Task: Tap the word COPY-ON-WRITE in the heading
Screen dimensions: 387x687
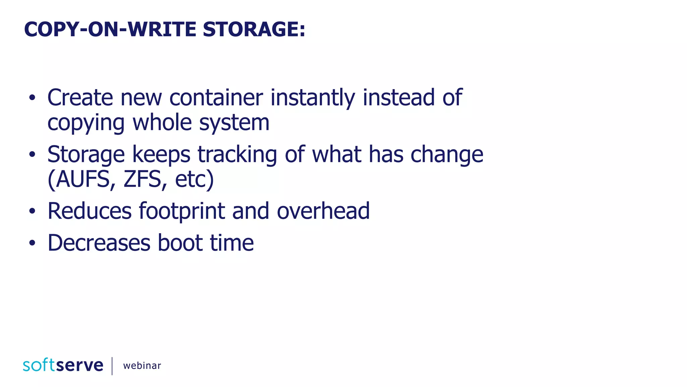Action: coord(110,29)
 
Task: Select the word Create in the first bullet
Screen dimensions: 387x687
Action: coord(80,98)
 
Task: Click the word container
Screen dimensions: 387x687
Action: coord(216,98)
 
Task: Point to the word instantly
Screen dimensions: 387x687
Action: coord(313,98)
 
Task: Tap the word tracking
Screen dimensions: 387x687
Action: coord(237,155)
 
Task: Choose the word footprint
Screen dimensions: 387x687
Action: coord(181,211)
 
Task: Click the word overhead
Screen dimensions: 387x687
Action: coord(323,211)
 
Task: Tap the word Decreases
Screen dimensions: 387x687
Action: coord(99,243)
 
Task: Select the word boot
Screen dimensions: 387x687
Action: coord(180,243)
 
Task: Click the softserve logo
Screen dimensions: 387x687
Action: coord(63,365)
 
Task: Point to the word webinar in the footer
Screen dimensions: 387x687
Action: coord(142,365)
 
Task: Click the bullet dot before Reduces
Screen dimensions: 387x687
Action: coord(32,211)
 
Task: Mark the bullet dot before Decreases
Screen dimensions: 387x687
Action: coord(32,243)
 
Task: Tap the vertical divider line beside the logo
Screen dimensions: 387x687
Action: coord(112,366)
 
